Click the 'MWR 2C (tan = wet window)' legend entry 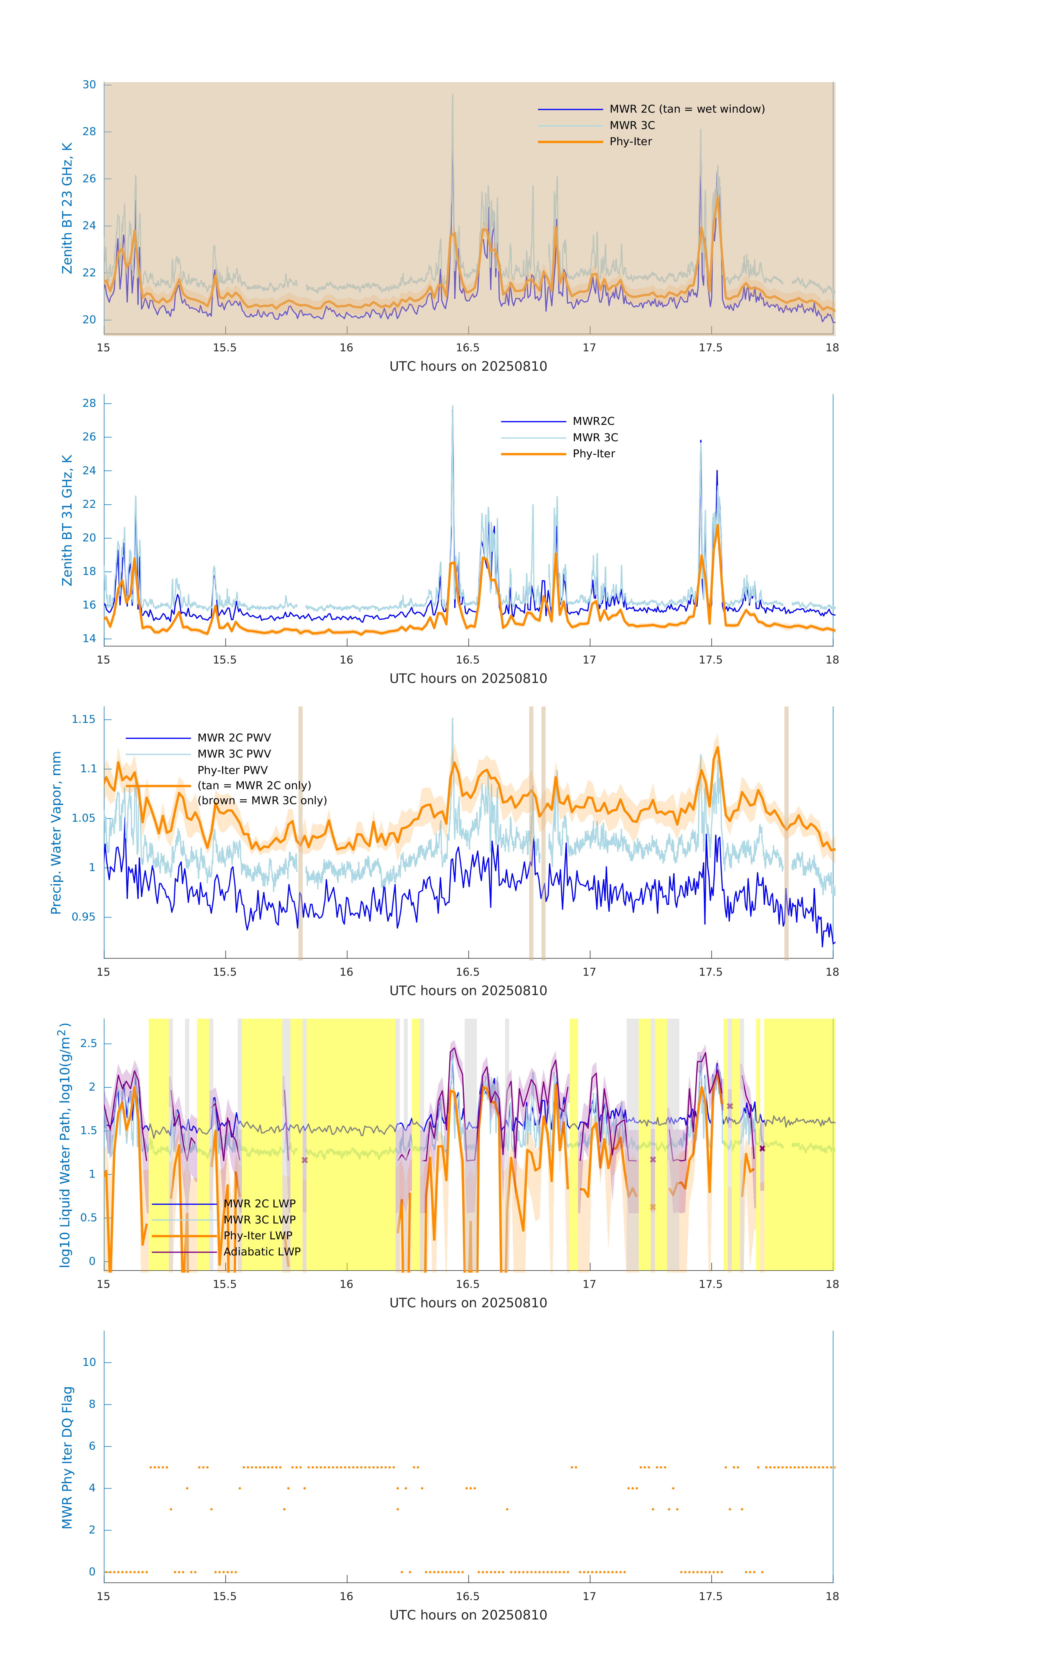686,109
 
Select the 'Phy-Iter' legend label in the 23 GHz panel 630,142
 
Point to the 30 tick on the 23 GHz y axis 89,85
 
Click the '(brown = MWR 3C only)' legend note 262,801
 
